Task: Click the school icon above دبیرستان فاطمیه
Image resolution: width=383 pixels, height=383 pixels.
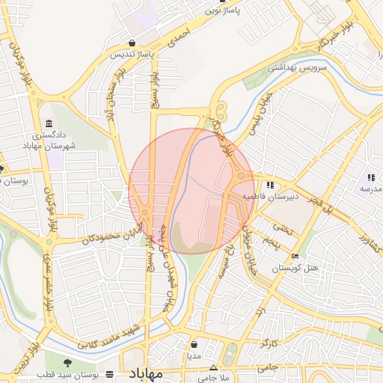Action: coord(269,185)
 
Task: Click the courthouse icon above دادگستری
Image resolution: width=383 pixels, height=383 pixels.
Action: coord(49,123)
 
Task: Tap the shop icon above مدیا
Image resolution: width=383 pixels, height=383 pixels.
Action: coord(194,346)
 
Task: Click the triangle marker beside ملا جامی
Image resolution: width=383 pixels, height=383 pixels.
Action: coord(213,367)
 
